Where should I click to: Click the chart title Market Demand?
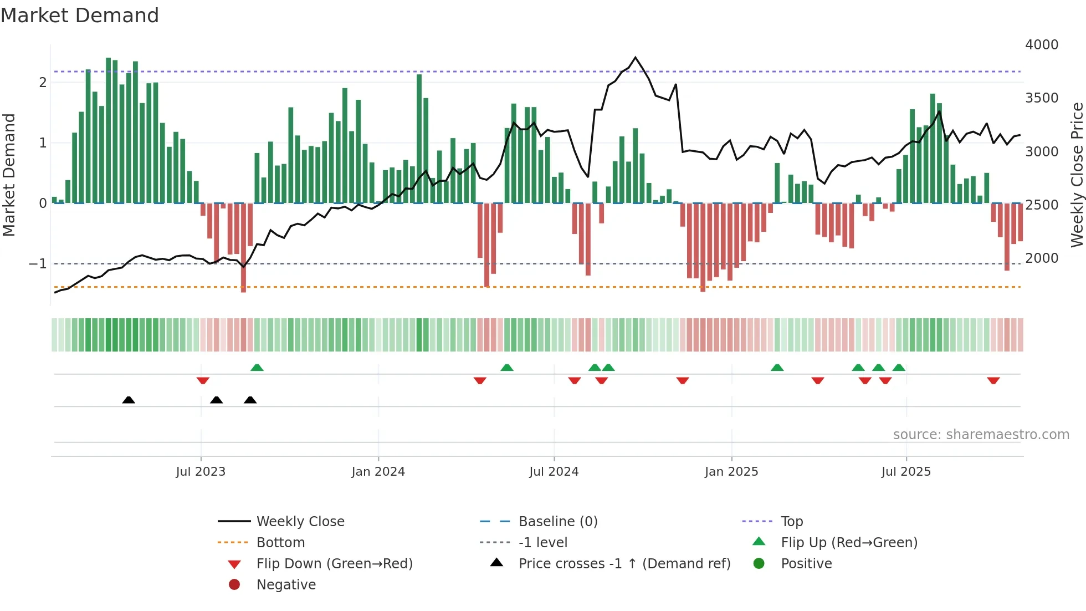pyautogui.click(x=80, y=16)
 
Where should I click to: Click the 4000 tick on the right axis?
pyautogui.click(x=1041, y=45)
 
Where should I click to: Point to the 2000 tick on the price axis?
pyautogui.click(x=1041, y=258)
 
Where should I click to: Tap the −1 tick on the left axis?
pyautogui.click(x=38, y=264)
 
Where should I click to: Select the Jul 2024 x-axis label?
pyautogui.click(x=554, y=472)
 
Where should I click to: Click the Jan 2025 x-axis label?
pyautogui.click(x=731, y=472)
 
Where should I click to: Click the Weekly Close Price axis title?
pyautogui.click(x=1077, y=175)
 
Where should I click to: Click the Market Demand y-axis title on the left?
pyautogui.click(x=9, y=175)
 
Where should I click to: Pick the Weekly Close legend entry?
pyautogui.click(x=300, y=522)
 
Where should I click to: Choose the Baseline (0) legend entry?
pyautogui.click(x=557, y=522)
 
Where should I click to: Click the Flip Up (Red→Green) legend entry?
pyautogui.click(x=849, y=543)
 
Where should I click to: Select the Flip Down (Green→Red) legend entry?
pyautogui.click(x=334, y=564)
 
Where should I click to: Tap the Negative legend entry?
pyautogui.click(x=286, y=585)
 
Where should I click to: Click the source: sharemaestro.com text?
pyautogui.click(x=981, y=435)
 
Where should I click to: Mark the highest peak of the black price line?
pyautogui.click(x=635, y=58)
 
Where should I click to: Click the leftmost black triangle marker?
pyautogui.click(x=129, y=400)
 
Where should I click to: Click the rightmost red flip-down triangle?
pyautogui.click(x=993, y=380)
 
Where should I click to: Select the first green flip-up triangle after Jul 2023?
pyautogui.click(x=257, y=368)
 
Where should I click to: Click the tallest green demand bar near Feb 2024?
pyautogui.click(x=419, y=139)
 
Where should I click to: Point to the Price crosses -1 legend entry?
pyautogui.click(x=624, y=564)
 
